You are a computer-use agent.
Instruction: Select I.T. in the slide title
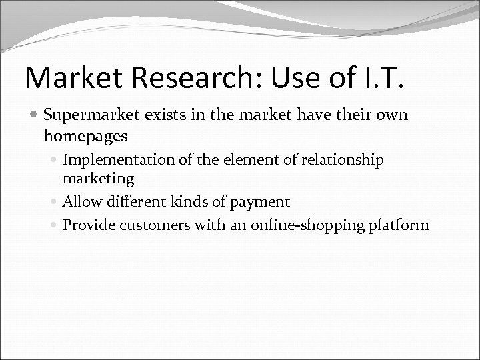(x=379, y=79)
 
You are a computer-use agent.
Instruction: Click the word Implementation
(x=115, y=160)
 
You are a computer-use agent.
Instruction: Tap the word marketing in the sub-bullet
(x=98, y=178)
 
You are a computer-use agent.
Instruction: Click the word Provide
(x=87, y=225)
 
